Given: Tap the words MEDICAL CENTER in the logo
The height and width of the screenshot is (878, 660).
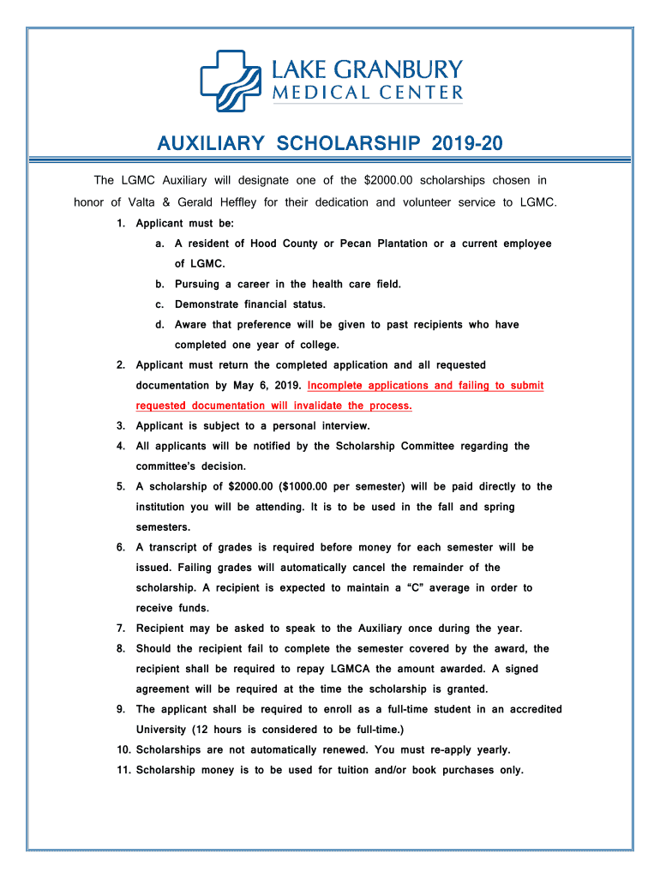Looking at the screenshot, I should (368, 93).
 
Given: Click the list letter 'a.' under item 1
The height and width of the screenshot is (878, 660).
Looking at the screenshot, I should (159, 244).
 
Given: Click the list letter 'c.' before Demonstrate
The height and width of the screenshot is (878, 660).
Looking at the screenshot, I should (159, 304).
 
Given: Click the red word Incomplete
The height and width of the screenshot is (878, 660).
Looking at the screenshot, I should (340, 385).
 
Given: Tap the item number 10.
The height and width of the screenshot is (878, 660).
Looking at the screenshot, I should (123, 749).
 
